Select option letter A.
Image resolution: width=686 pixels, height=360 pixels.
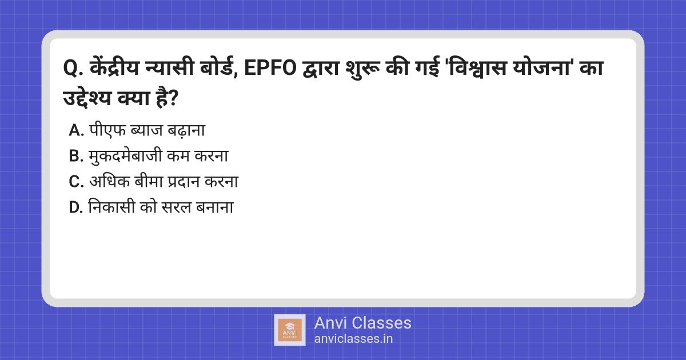coord(76,131)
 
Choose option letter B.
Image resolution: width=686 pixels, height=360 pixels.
coord(76,157)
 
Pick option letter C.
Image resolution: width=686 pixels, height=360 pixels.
coord(76,182)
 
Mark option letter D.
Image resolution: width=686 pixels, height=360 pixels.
coord(76,208)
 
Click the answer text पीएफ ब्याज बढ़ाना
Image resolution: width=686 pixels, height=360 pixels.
coord(146,131)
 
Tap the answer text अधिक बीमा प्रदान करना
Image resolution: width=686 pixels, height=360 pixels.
coord(163,182)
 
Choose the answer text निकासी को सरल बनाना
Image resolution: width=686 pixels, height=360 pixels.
coord(161,208)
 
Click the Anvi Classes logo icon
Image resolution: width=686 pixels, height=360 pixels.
coord(289,330)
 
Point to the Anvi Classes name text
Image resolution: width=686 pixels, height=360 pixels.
coord(362,323)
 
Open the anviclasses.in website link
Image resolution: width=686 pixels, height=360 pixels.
coord(353,338)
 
